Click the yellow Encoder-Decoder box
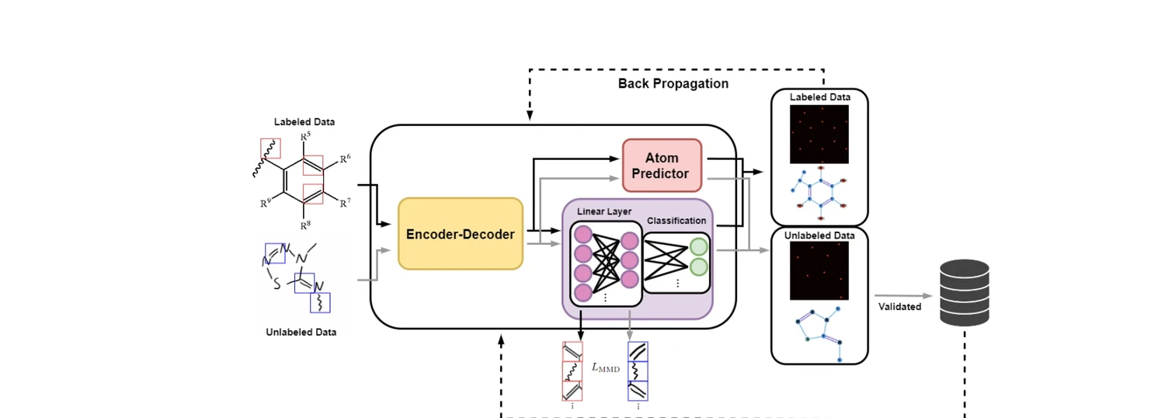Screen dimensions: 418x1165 pos(461,234)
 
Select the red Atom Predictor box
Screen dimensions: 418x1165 pos(661,165)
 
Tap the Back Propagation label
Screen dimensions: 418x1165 pos(673,83)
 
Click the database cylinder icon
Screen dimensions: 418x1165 pos(964,293)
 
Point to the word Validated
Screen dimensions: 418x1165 pos(899,306)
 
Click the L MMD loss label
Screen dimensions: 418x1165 pos(606,367)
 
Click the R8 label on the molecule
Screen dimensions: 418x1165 pos(305,225)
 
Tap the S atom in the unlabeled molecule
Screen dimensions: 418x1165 pos(276,284)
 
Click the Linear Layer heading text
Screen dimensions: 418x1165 pos(603,211)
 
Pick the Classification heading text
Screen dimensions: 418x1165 pos(676,221)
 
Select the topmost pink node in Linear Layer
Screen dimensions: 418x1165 pos(582,235)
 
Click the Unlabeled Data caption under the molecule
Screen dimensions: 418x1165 pos(301,332)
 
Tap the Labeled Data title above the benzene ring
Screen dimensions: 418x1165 pos(304,122)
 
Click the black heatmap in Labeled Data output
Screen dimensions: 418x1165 pos(819,134)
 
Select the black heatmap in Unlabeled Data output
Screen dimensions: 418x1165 pos(819,270)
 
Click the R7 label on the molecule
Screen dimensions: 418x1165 pos(345,203)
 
